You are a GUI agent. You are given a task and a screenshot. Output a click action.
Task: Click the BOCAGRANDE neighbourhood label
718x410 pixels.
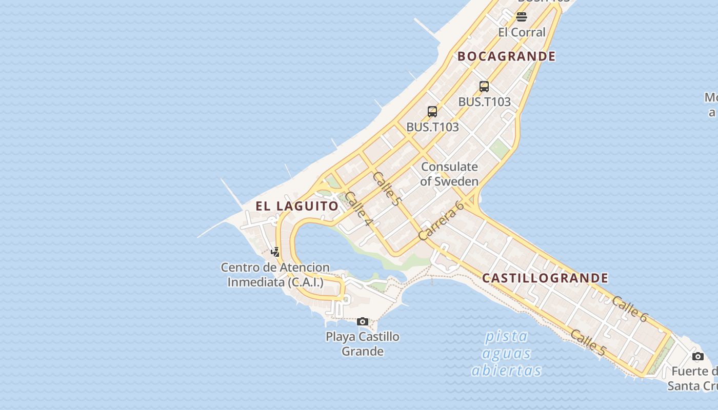(506, 56)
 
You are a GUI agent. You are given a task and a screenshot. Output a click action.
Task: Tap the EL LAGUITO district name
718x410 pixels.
(297, 206)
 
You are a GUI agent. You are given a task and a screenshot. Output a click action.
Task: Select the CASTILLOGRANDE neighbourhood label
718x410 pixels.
(545, 278)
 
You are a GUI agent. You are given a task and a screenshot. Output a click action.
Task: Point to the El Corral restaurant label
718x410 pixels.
(522, 32)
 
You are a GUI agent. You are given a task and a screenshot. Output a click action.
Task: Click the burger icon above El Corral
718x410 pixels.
(522, 17)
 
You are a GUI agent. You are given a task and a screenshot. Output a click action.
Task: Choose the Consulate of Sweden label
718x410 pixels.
(449, 174)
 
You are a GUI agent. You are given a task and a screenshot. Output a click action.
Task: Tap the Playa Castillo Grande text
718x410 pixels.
(363, 344)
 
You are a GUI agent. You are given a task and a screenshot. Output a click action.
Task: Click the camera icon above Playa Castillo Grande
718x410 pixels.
(363, 322)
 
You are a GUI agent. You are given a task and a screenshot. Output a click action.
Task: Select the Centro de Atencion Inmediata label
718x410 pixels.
(275, 275)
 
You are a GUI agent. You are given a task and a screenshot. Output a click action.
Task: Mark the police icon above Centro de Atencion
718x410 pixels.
(275, 252)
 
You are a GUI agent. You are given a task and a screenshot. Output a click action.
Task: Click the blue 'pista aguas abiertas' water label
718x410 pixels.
(506, 354)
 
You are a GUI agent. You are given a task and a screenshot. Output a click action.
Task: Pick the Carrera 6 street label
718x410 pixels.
(441, 220)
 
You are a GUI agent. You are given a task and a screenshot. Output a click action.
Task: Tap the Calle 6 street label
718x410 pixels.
(629, 309)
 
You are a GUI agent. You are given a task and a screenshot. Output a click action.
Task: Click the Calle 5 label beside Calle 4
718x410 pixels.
(386, 189)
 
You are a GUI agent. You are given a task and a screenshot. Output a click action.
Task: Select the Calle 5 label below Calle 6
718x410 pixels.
(588, 343)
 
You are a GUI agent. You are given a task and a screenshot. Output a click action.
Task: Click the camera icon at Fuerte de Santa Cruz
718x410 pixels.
(697, 356)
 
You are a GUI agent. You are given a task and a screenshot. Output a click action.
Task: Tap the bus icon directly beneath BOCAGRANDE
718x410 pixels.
(484, 86)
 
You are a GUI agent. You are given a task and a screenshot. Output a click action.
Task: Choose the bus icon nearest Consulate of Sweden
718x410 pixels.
(432, 111)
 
